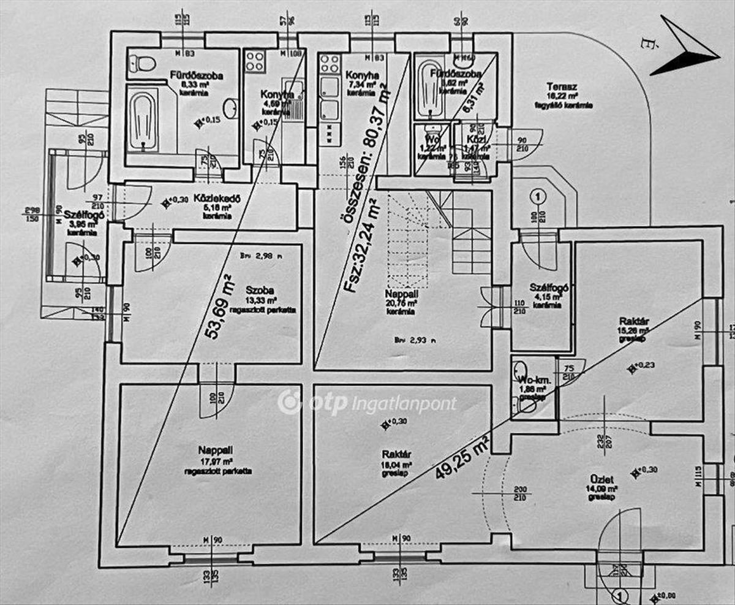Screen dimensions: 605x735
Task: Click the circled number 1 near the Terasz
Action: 537,197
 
